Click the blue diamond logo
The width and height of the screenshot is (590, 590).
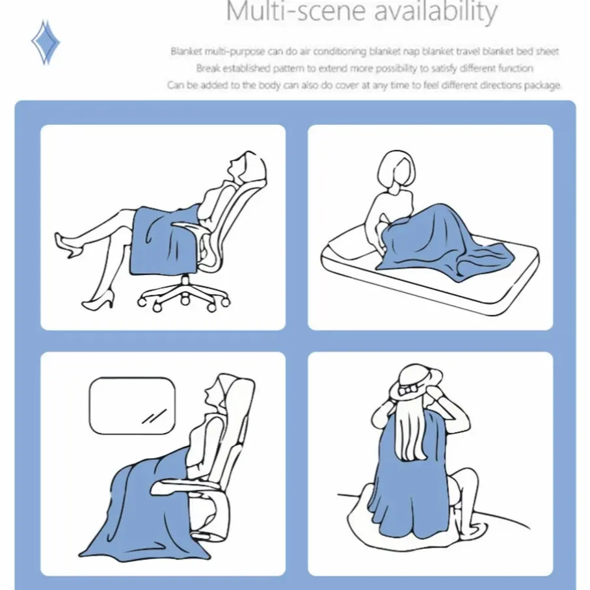pos(46,42)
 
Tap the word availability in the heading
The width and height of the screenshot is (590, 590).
pos(436,12)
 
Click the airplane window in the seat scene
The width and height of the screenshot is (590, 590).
pos(132,406)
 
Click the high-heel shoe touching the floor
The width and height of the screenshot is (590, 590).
pos(98,301)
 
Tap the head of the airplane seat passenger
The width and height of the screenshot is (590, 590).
pos(217,395)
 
